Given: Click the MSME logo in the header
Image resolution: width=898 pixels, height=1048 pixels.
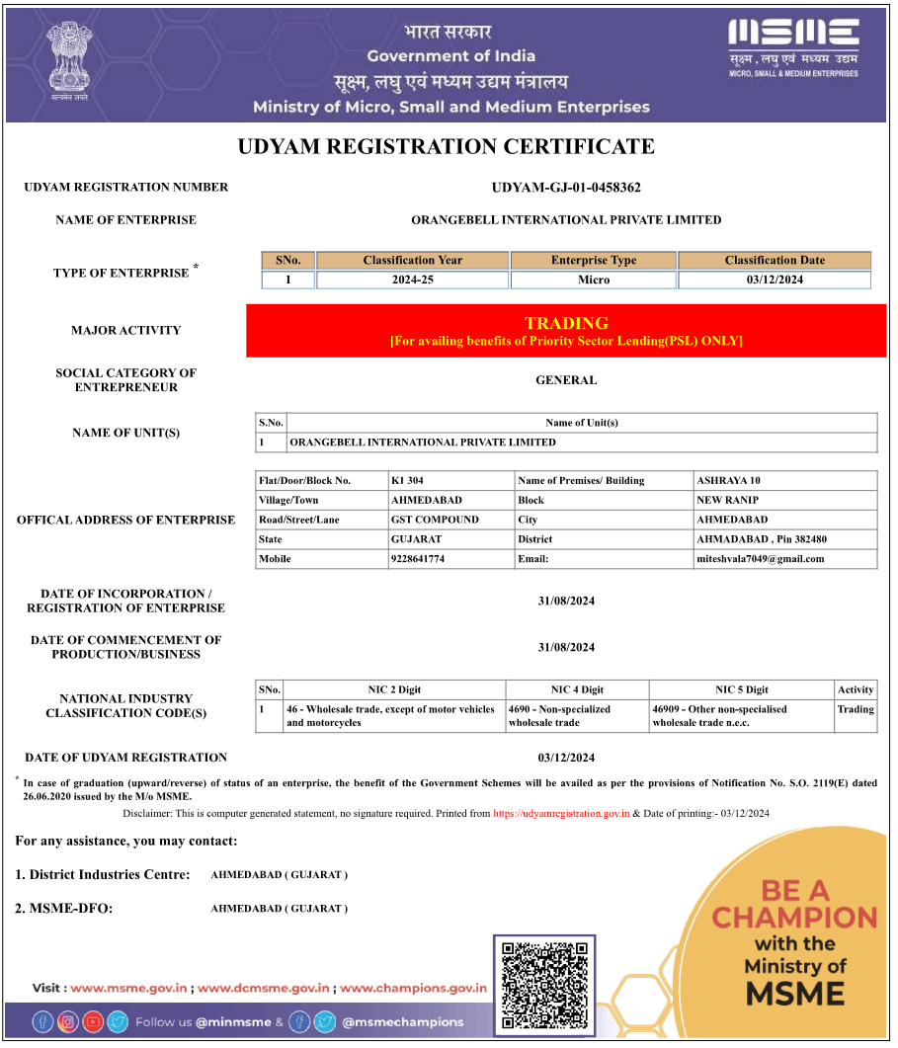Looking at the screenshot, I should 793,47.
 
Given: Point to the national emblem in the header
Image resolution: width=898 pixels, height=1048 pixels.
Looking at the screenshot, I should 67,61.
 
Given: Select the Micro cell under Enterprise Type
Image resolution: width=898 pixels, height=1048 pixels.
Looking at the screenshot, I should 594,281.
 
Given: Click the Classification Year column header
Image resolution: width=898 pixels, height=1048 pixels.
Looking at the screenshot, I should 412,261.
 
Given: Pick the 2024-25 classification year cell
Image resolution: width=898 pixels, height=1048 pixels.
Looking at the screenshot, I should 412,281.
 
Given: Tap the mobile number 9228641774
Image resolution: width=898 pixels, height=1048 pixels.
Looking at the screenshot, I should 418,559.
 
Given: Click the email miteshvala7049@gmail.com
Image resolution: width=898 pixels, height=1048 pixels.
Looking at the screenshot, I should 760,559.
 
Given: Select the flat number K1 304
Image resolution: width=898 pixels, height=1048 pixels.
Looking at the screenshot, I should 407,481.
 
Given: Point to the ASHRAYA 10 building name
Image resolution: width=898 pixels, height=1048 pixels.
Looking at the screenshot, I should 728,481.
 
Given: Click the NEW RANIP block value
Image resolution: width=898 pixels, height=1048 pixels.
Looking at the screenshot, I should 728,501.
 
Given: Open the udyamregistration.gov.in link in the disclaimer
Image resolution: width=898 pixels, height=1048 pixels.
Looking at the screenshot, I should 561,814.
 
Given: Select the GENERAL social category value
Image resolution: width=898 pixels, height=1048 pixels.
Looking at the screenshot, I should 566,380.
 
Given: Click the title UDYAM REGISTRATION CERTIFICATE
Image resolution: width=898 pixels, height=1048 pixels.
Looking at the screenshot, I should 447,147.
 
